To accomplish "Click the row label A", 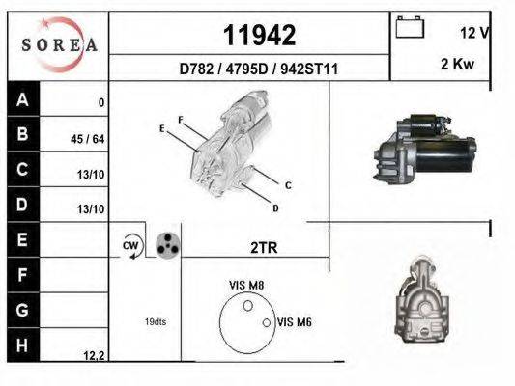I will (23, 99).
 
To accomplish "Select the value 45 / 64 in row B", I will (89, 139).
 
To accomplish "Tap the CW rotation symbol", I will (131, 246).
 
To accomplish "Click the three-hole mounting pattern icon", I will (168, 245).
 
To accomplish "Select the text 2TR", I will (263, 248).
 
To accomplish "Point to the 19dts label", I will (155, 321).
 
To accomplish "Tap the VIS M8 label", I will (247, 285).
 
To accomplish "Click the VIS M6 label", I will (294, 322).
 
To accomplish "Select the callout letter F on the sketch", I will (180, 119).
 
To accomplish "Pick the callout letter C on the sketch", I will (288, 184).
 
